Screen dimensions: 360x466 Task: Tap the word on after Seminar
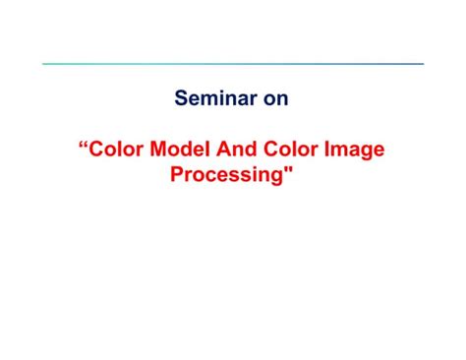274,98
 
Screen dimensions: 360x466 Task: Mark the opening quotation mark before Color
83,148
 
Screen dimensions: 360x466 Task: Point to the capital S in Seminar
181,98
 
